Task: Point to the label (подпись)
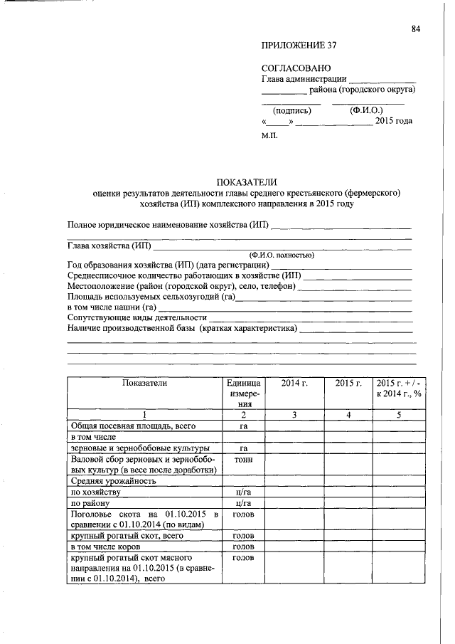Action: click(x=292, y=110)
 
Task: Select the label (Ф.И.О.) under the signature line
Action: click(x=367, y=110)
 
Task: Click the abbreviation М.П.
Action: click(x=271, y=135)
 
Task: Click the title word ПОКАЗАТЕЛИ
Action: click(x=246, y=181)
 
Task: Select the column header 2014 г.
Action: click(x=294, y=383)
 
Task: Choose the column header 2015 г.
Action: click(x=348, y=383)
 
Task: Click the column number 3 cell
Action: click(x=294, y=415)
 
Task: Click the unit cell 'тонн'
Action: click(x=243, y=459)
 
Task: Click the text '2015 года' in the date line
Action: click(x=393, y=121)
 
